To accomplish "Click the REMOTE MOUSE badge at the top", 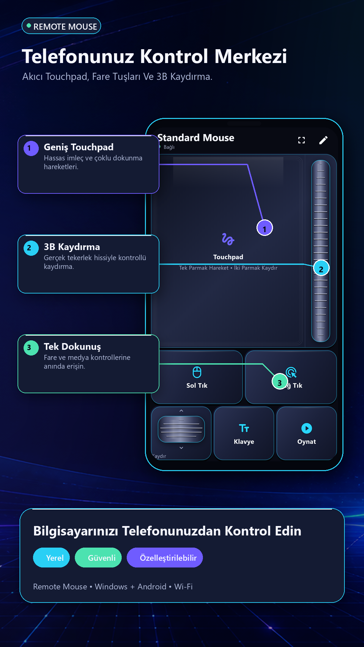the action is (x=61, y=26).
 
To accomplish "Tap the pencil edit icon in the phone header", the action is (x=323, y=140).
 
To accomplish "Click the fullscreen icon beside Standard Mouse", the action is (x=302, y=140).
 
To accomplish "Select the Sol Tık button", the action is (x=197, y=377).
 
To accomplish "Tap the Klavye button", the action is (x=244, y=433).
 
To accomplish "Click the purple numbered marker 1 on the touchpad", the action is (x=265, y=228).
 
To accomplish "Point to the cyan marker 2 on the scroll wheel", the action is (x=321, y=268).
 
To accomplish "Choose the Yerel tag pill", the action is (x=51, y=558).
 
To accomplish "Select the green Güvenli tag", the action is (x=98, y=558).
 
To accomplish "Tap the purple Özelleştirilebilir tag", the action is (x=165, y=558).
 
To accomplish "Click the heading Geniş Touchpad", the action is (x=79, y=147).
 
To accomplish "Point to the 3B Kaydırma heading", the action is (x=72, y=247).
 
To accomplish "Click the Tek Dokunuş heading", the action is (x=72, y=347).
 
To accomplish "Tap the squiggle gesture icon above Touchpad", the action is (x=228, y=239).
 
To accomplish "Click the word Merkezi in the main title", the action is (x=251, y=56).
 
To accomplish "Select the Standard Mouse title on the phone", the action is (x=196, y=138).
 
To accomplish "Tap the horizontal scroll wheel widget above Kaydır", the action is (x=181, y=429).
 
